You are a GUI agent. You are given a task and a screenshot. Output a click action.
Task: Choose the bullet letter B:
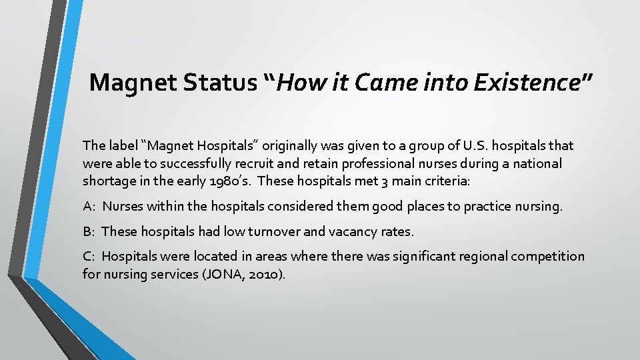(89, 231)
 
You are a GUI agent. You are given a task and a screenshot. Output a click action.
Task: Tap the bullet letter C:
(89, 256)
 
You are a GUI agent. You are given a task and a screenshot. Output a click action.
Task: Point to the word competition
(549, 256)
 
